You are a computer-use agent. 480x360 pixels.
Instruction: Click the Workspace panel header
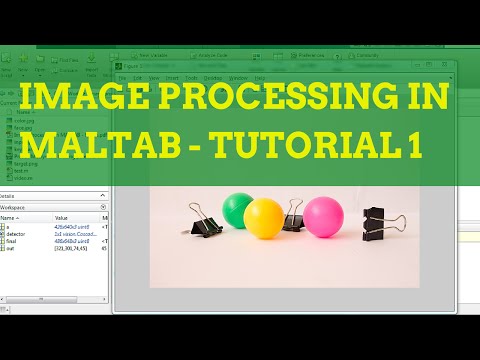point(20,206)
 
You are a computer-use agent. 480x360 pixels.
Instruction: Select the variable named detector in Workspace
point(21,233)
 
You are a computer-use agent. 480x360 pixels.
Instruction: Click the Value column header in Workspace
point(62,217)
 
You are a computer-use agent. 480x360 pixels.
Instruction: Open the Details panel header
point(10,196)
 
